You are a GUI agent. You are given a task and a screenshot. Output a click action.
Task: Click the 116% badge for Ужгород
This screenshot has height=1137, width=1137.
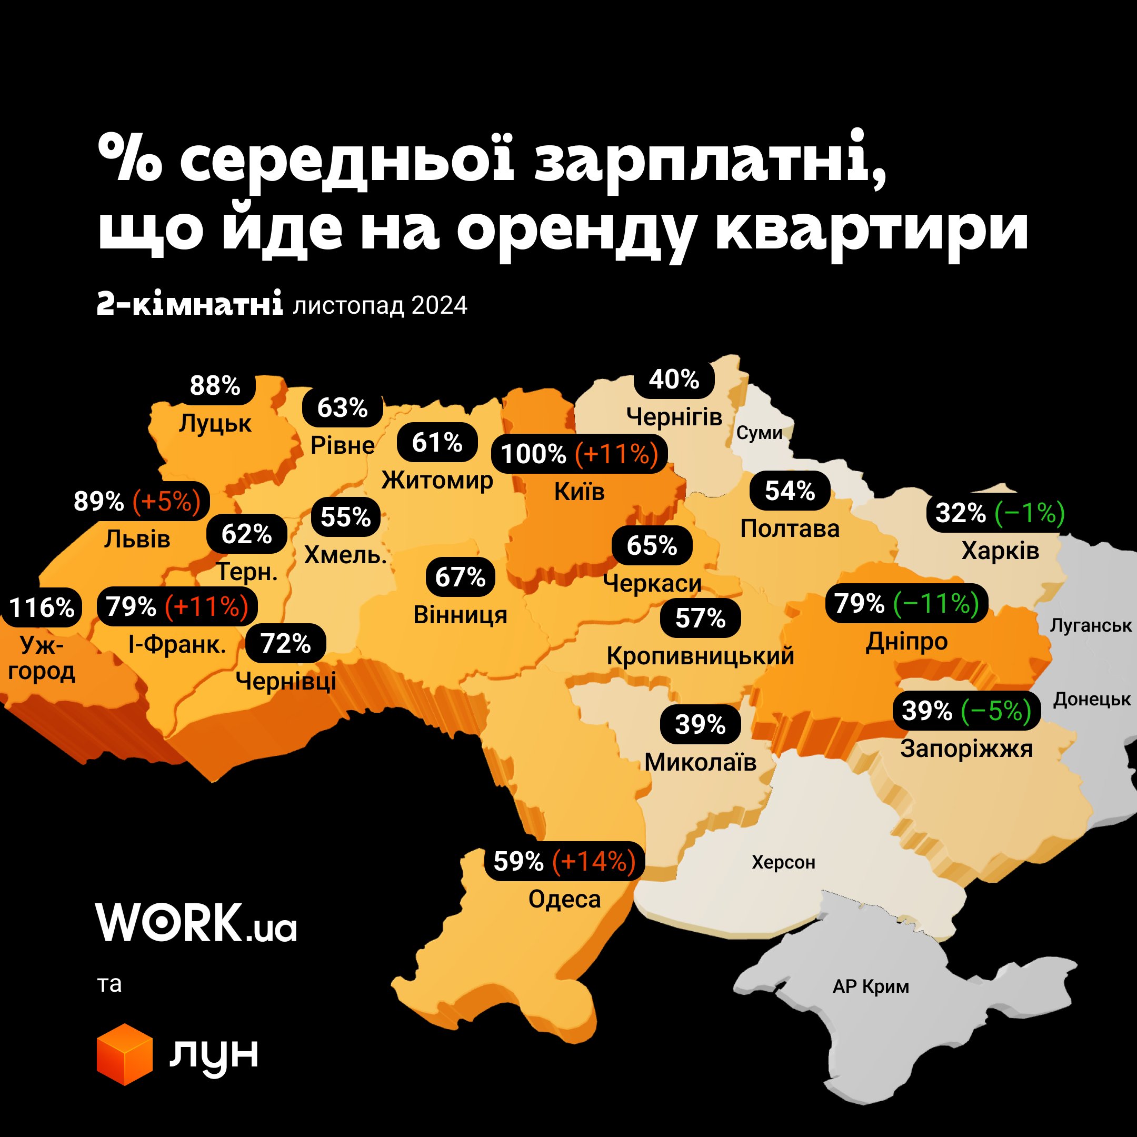(42, 607)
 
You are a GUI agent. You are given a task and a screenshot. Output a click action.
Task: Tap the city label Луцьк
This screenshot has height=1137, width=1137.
(215, 423)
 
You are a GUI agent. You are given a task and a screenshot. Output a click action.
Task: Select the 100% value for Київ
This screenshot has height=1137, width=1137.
(533, 454)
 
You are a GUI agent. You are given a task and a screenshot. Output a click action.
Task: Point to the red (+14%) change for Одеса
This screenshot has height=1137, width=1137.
(594, 862)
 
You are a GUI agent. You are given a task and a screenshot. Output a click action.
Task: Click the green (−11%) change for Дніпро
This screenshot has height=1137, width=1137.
(936, 603)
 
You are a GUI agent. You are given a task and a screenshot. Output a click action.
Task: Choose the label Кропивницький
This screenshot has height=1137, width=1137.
(700, 655)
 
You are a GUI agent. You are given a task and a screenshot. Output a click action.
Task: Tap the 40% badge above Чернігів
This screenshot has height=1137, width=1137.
(674, 380)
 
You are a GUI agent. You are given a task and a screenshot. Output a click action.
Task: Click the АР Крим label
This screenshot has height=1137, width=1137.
(871, 986)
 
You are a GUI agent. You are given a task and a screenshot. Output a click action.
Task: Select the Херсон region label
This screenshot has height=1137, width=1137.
(783, 863)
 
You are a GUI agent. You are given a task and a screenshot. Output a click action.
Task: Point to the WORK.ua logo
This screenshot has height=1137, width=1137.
(196, 923)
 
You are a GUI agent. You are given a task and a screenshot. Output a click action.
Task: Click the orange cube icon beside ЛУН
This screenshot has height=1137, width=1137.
(125, 1054)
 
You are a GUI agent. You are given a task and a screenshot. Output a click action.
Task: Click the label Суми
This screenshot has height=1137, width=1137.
(759, 433)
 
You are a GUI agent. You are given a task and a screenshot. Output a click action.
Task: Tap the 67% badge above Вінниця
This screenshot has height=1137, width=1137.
(460, 577)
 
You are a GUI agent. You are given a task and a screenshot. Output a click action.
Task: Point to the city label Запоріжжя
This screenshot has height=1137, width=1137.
(966, 749)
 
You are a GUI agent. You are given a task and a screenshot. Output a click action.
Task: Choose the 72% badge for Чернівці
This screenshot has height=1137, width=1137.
(285, 644)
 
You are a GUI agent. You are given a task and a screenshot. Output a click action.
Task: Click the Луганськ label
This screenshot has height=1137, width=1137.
(1091, 625)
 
